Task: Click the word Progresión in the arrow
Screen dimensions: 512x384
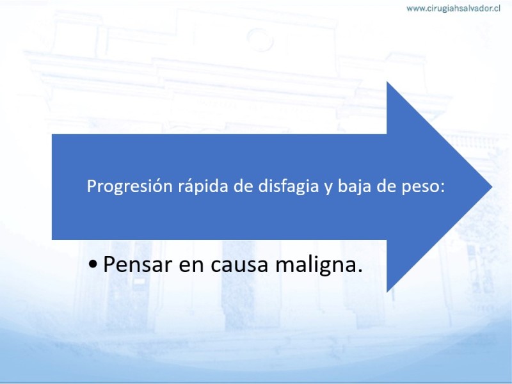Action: click(130, 187)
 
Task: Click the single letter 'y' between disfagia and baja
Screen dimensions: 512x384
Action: click(328, 188)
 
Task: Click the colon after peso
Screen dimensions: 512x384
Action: click(442, 188)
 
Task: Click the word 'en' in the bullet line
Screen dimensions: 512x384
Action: click(191, 266)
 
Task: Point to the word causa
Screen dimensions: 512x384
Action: click(239, 266)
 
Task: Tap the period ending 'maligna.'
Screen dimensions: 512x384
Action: click(360, 271)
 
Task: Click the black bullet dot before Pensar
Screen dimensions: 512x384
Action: click(93, 264)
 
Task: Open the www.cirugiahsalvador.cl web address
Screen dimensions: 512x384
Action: click(454, 8)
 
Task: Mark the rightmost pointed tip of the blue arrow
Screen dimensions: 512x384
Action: click(492, 187)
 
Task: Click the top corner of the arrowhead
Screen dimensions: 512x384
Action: click(387, 82)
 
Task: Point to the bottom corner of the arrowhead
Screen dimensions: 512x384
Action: click(387, 292)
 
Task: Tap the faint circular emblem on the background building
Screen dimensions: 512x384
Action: click(260, 40)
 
